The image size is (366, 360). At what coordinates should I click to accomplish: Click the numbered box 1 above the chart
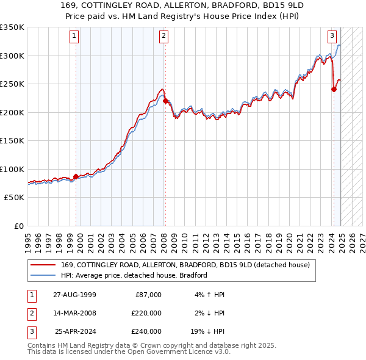coord(74,36)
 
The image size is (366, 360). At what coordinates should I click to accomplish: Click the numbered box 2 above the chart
coord(164,36)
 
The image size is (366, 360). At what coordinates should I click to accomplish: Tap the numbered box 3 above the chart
coord(332,36)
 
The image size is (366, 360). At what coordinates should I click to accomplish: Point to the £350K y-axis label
coord(12,27)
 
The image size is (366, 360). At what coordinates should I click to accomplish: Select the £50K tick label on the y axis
coord(15,198)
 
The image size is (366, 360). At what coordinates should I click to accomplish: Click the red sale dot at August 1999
coord(76,177)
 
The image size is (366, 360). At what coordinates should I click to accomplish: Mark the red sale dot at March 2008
coord(165,101)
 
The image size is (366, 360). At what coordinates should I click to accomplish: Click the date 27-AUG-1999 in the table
coord(74,295)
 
